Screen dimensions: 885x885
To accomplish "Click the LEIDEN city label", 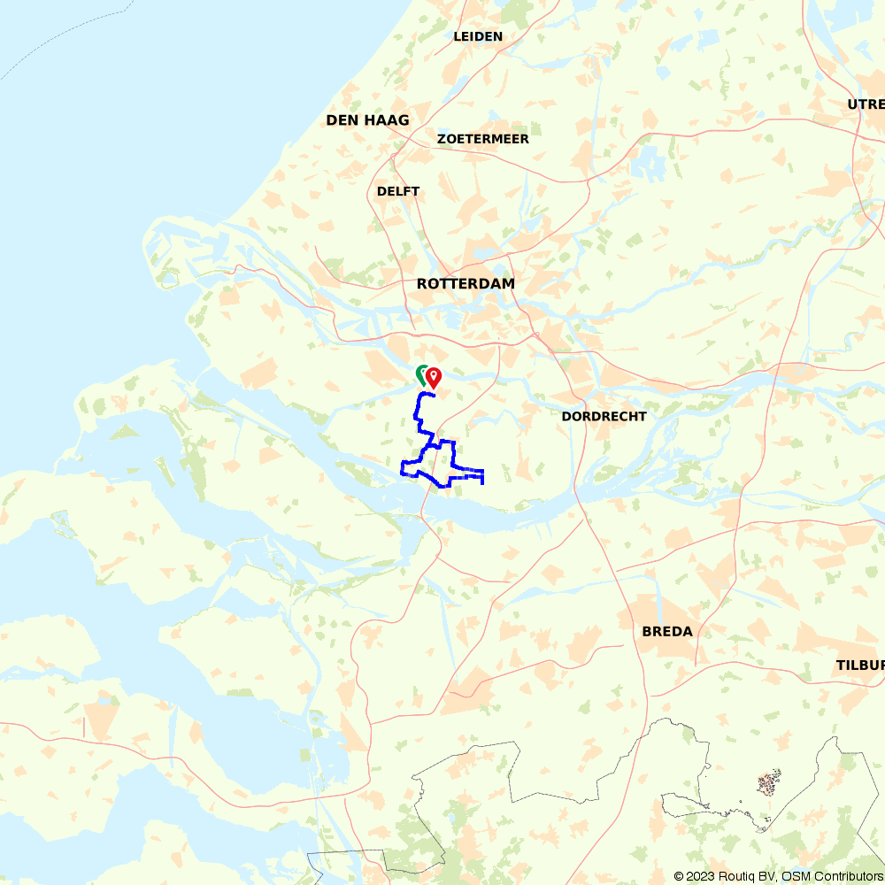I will tap(478, 36).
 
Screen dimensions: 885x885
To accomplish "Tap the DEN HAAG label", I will tap(367, 120).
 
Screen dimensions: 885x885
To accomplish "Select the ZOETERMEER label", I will tap(483, 139).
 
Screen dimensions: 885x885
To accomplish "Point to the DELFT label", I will tap(398, 191).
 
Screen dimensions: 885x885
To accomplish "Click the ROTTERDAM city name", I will tap(466, 284).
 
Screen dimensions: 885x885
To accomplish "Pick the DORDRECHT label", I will tap(604, 416).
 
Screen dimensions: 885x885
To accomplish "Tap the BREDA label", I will tap(667, 632).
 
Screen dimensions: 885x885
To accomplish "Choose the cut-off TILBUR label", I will tap(860, 665).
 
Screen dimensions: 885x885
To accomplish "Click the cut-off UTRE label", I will tap(866, 104).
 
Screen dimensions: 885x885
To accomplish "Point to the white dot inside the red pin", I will tap(434, 375).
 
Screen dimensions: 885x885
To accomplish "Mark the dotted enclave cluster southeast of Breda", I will tap(769, 782).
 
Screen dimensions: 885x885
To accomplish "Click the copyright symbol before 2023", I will tap(680, 876).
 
